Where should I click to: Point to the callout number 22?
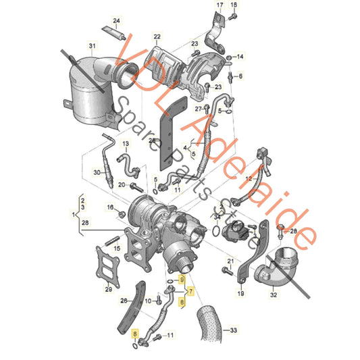157,36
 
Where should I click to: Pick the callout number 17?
219,5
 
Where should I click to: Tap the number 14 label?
241,56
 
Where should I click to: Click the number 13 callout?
125,145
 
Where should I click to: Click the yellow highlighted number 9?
180,280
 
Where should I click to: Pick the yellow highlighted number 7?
191,292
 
